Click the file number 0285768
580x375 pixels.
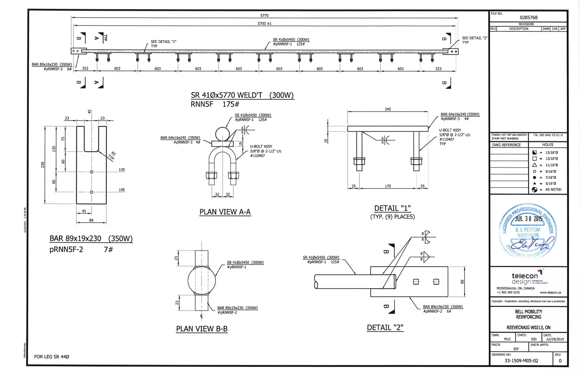tap(528, 18)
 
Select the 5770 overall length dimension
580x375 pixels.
tap(264, 16)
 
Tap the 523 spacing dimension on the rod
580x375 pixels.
tap(438, 69)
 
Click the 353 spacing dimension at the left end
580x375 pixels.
tap(85, 68)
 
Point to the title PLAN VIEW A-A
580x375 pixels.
tap(225, 212)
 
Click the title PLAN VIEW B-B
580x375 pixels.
tap(202, 329)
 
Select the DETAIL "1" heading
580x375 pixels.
tap(392, 208)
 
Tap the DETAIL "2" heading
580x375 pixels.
tap(385, 328)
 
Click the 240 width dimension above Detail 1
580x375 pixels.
tap(388, 109)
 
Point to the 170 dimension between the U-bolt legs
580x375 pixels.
tap(388, 186)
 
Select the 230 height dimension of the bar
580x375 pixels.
tap(43, 165)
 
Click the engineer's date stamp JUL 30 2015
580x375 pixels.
tap(528, 219)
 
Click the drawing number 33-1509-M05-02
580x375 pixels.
tap(521, 361)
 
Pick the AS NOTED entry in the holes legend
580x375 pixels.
tap(553, 190)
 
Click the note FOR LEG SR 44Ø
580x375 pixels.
tap(52, 357)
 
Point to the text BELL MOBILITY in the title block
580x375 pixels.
tap(528, 312)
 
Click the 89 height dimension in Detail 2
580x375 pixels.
tap(462, 282)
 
